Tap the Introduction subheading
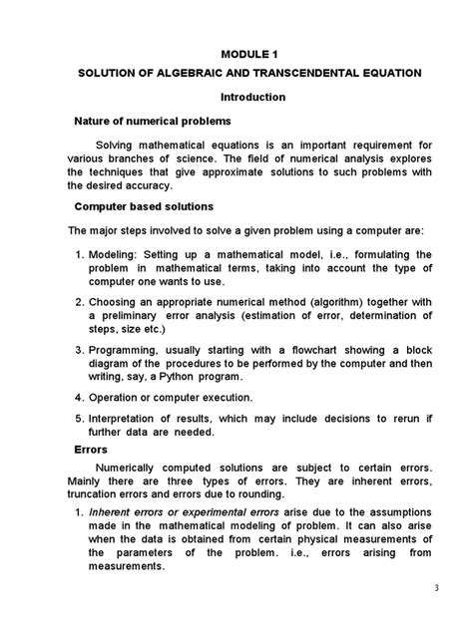pos(251,98)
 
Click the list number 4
pos(80,398)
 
